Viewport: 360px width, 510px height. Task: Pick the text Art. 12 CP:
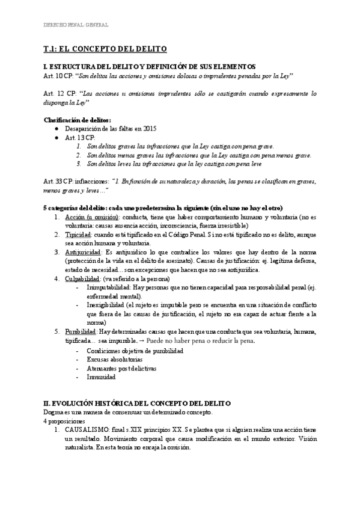click(x=59, y=94)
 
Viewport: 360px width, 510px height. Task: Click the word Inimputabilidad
click(x=109, y=287)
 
